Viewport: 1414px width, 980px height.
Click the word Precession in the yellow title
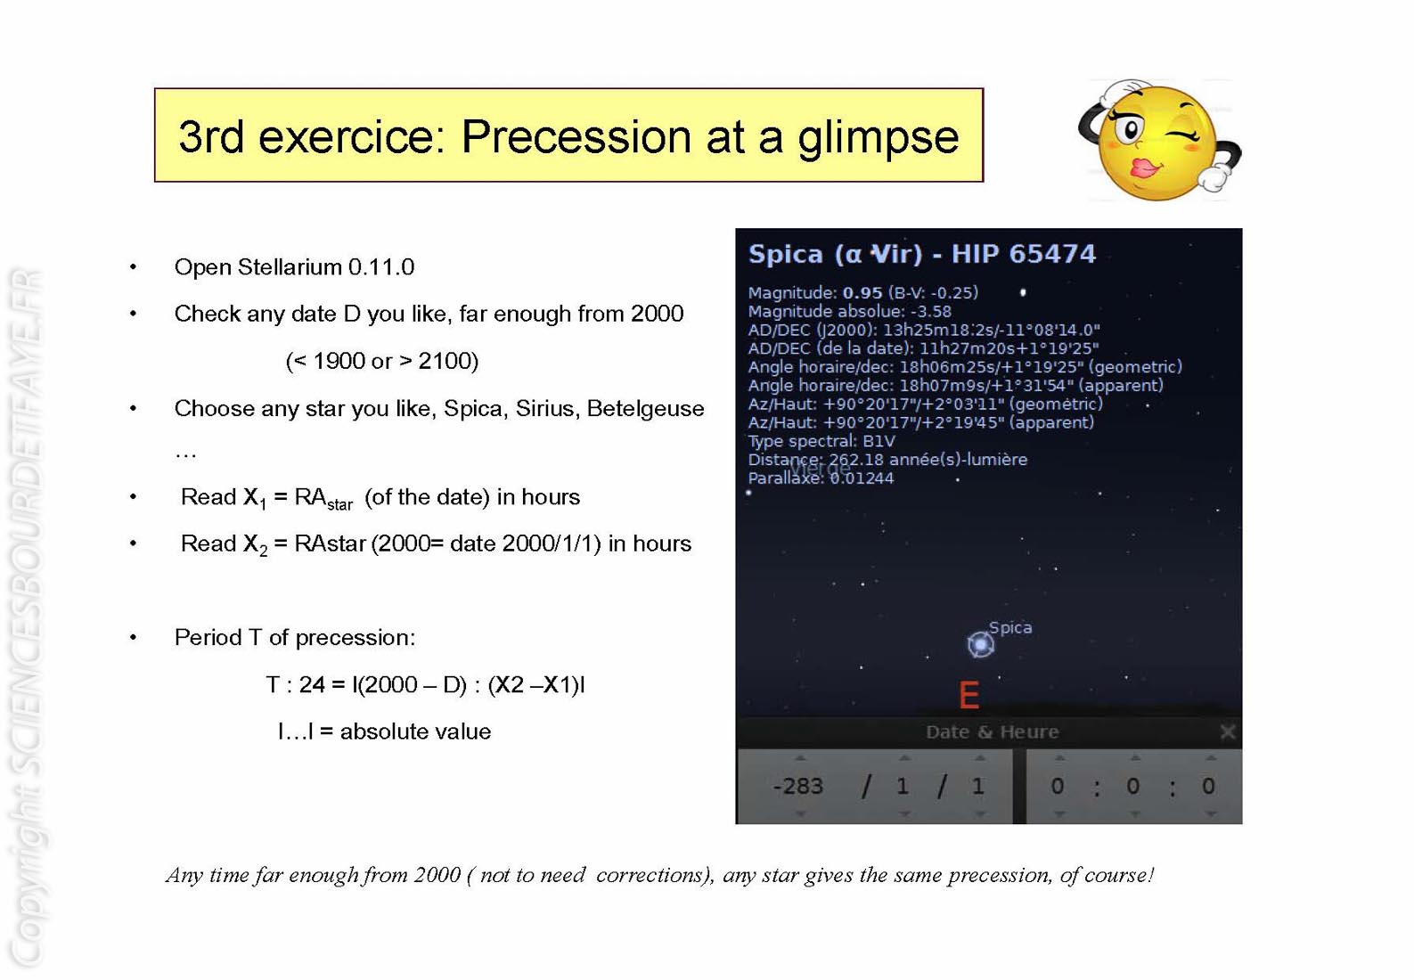click(x=576, y=136)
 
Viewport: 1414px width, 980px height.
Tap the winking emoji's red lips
click(x=1145, y=168)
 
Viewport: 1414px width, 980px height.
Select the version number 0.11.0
click(x=381, y=267)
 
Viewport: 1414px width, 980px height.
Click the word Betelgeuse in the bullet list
click(x=645, y=409)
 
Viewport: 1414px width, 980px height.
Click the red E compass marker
click(x=969, y=696)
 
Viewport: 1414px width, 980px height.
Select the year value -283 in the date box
click(x=798, y=787)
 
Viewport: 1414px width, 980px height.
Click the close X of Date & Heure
click(x=1228, y=732)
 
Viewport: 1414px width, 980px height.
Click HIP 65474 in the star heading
click(x=1023, y=254)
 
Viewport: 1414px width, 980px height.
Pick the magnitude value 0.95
click(x=862, y=293)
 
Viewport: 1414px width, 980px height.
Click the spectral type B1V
click(x=879, y=441)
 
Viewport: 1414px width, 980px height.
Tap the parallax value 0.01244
click(x=862, y=478)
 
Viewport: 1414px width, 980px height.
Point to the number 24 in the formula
click(x=312, y=685)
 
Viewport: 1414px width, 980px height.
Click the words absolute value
click(x=415, y=732)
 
